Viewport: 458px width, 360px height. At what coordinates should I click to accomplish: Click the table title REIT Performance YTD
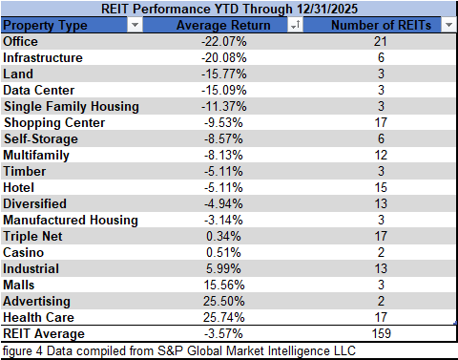pos(228,8)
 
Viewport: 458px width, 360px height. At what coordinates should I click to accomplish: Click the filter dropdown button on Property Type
pos(134,26)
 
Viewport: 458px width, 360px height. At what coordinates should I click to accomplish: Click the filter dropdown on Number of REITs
pos(448,26)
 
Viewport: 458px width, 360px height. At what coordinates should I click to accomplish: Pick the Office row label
pos(22,42)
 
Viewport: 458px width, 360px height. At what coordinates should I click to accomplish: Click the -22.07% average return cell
pos(226,42)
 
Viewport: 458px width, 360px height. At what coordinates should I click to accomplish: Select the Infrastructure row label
pos(43,58)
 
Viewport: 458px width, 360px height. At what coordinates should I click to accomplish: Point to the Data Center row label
pos(37,91)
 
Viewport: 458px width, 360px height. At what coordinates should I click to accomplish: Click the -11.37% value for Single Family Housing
pos(226,107)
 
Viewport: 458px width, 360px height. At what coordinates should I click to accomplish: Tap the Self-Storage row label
pos(39,139)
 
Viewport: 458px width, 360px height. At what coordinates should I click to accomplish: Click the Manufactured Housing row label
pos(70,221)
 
